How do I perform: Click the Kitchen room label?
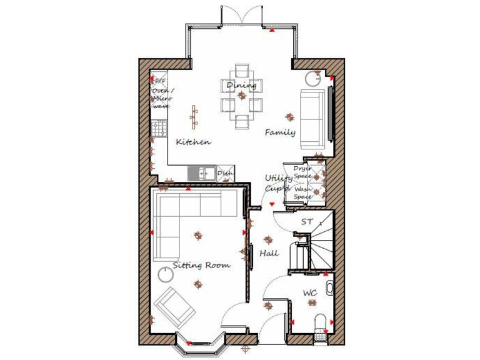(x=193, y=142)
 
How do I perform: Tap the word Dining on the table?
(x=241, y=86)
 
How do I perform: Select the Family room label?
(x=280, y=132)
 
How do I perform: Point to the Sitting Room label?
(x=201, y=265)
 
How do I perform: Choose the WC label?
(x=310, y=292)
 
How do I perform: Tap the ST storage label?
(x=306, y=222)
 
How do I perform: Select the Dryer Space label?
(x=302, y=172)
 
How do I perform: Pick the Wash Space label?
(x=302, y=192)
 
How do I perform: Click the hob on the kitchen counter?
(x=158, y=129)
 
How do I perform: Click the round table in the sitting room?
(x=167, y=274)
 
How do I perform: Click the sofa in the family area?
(x=311, y=119)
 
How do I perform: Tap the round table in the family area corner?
(x=312, y=78)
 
